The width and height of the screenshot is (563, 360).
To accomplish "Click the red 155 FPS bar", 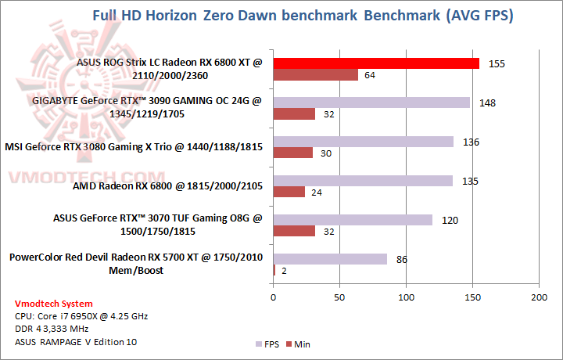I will [x=376, y=63].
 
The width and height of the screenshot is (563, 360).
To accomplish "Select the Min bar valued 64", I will [x=315, y=75].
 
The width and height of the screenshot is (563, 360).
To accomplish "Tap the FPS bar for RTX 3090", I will [x=371, y=103].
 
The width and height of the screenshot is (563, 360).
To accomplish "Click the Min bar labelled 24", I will [x=289, y=192].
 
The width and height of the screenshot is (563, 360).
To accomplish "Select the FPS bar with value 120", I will [x=353, y=220].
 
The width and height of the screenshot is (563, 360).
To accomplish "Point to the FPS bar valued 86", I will [x=330, y=258].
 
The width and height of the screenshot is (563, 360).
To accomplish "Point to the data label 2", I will [x=283, y=270].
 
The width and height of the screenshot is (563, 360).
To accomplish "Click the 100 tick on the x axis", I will [x=406, y=298].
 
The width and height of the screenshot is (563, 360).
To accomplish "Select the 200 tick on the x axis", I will [x=538, y=298].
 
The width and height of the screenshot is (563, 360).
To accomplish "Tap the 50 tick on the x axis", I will [x=339, y=298].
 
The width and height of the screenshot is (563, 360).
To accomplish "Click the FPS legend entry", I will [x=268, y=344].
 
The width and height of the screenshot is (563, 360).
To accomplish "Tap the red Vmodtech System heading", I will [x=53, y=304].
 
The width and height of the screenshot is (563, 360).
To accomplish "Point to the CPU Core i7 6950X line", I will [x=81, y=316].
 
